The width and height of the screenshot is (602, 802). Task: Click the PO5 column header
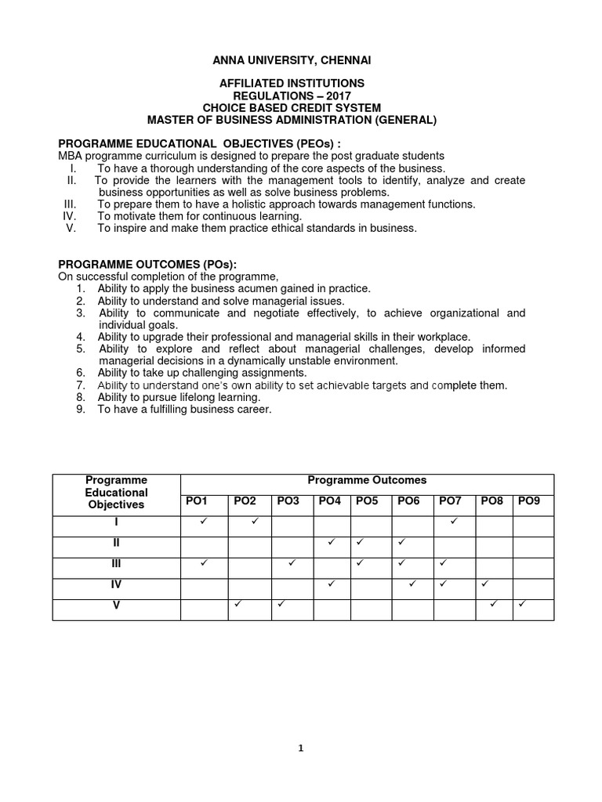(x=367, y=500)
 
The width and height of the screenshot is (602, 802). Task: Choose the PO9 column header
(x=530, y=500)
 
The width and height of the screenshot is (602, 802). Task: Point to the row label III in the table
(x=116, y=563)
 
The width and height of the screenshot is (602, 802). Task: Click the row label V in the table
(x=116, y=604)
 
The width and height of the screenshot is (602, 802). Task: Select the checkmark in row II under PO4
(x=332, y=542)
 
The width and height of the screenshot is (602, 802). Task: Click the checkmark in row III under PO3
(x=292, y=562)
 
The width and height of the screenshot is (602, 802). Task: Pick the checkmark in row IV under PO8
(x=484, y=583)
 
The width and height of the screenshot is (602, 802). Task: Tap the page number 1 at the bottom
(x=301, y=748)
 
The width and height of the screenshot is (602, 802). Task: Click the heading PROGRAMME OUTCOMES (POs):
(x=147, y=266)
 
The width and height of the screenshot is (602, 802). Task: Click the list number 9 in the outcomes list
(x=80, y=409)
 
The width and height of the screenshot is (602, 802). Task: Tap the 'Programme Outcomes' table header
(x=367, y=480)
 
